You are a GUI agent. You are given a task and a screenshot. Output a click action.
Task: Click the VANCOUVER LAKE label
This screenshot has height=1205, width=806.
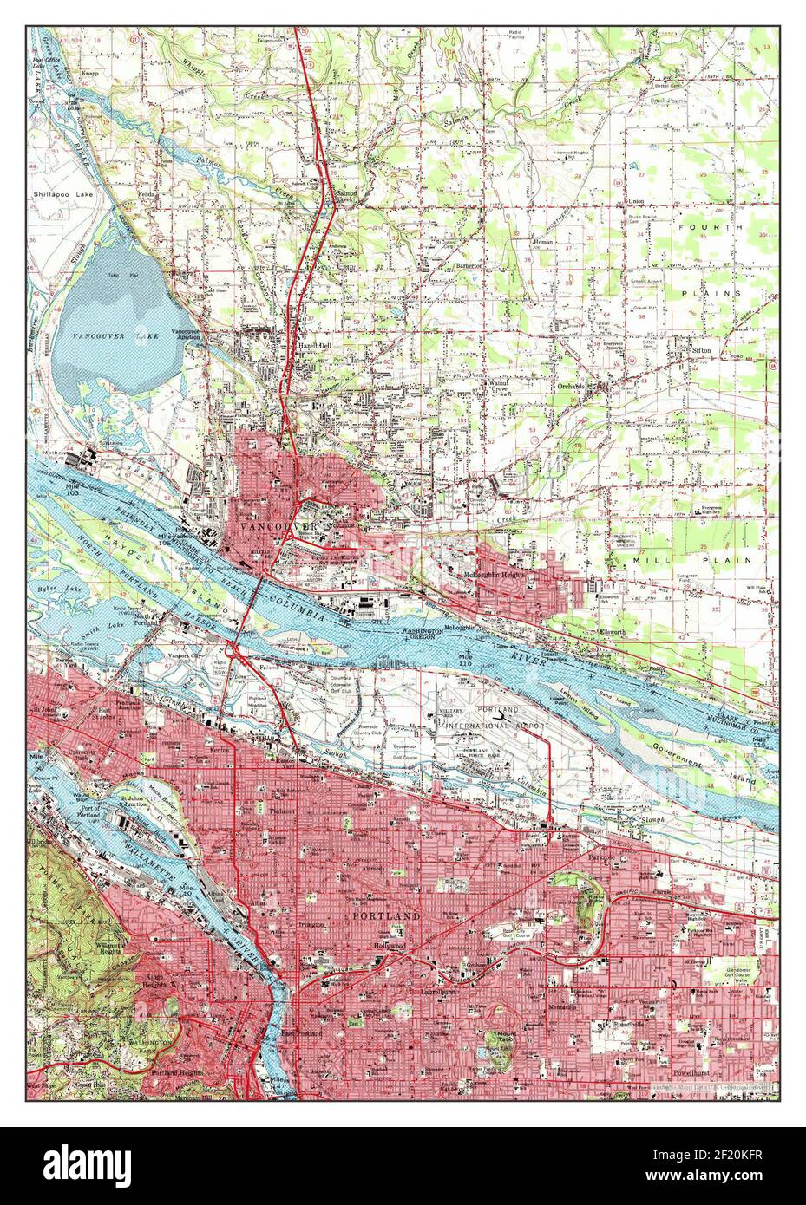coord(110,335)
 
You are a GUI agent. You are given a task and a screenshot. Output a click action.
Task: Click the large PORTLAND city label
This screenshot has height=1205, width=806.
coord(386,915)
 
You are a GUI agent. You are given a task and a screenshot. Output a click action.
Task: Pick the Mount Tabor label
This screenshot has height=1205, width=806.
coord(501,1040)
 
